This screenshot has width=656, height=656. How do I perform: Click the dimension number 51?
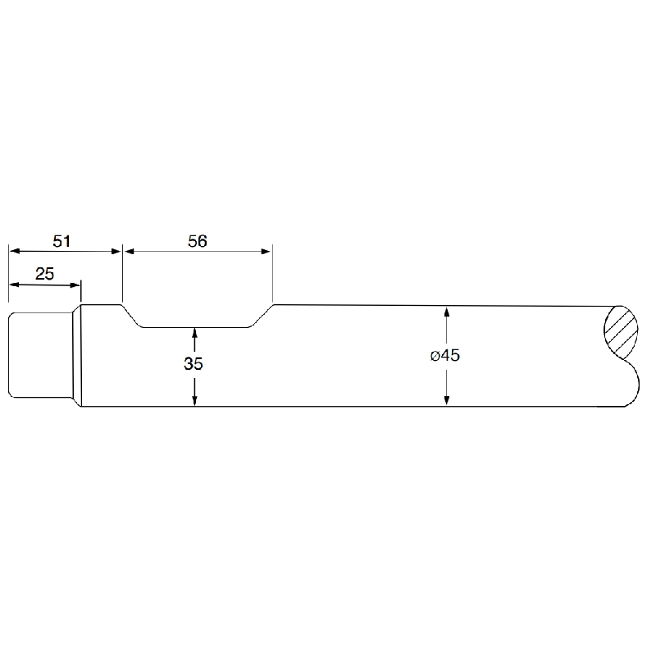point(61,241)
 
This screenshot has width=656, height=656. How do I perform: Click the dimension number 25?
point(45,274)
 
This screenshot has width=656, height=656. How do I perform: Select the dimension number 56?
point(198,241)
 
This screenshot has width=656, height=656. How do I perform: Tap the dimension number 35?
point(194,363)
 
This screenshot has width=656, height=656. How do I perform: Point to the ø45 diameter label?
point(445,355)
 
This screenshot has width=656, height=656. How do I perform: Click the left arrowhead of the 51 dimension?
point(15,251)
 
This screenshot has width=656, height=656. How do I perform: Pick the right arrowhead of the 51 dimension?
point(116,251)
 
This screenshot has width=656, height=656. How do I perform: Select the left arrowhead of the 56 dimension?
point(129,251)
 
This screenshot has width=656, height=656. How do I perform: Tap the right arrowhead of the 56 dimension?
point(266,251)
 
